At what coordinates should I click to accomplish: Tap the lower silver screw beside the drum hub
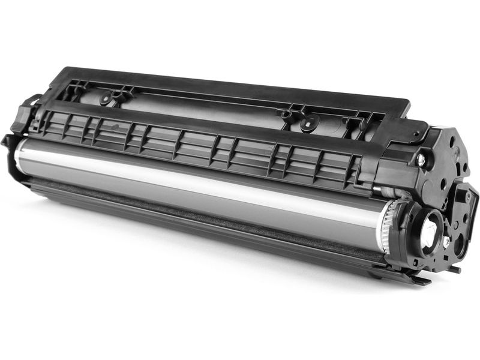click(446, 241)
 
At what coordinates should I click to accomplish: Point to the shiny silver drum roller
click(198, 186)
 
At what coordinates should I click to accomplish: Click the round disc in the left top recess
click(108, 97)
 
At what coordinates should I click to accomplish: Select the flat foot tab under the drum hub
click(414, 278)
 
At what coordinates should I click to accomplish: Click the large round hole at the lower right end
click(460, 242)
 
